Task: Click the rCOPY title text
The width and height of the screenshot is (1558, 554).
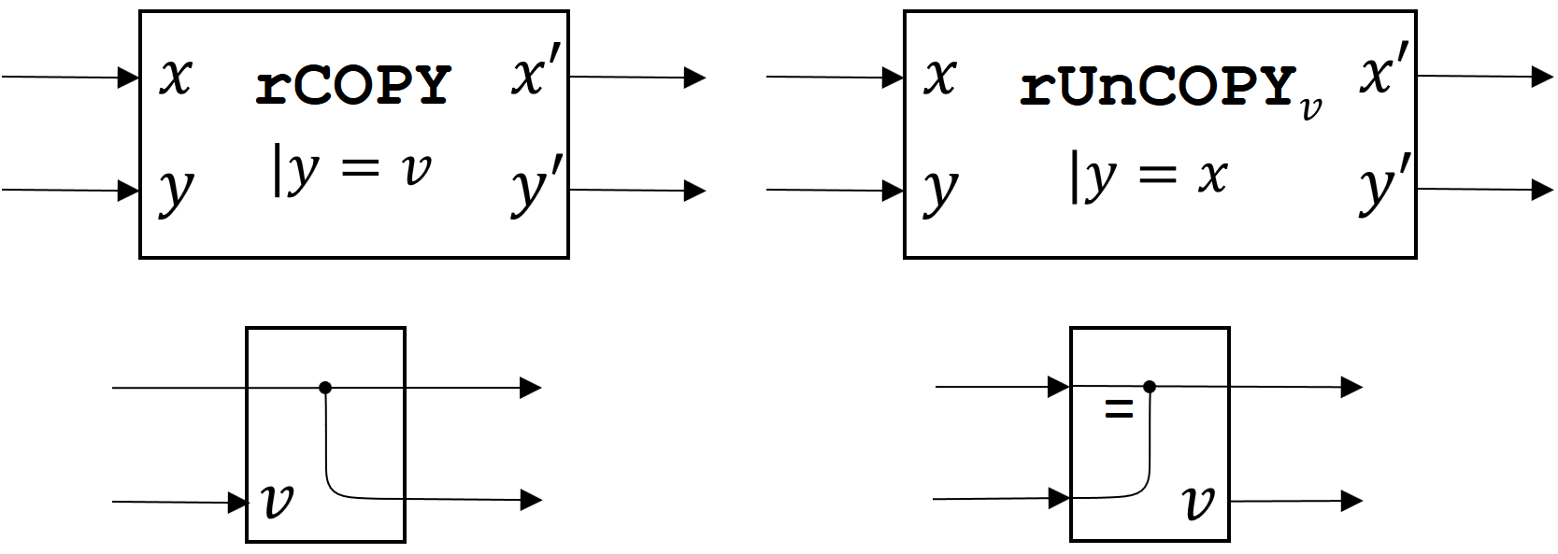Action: [353, 86]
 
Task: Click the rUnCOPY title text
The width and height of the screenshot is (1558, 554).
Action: [1158, 86]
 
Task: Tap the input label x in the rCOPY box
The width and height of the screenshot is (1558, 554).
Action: [175, 76]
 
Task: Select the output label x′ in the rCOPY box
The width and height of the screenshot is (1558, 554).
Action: [537, 75]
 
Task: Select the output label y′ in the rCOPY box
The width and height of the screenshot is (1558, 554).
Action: [537, 190]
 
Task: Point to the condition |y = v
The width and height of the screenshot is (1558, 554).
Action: [352, 173]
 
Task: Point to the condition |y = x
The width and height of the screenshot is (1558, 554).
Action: [1148, 176]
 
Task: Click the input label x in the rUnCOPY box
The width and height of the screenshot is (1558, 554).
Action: [940, 76]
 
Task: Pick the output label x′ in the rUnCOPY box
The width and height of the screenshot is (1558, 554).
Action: [1386, 75]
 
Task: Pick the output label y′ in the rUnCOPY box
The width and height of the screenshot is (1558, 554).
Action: [1386, 190]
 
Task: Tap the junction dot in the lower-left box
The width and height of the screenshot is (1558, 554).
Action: [324, 387]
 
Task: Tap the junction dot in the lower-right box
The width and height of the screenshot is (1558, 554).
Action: [1149, 386]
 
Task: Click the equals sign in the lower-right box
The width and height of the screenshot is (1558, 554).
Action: [1119, 408]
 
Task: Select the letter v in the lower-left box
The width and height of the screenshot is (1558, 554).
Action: [278, 501]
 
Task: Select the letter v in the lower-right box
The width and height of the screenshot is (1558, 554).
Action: [1198, 503]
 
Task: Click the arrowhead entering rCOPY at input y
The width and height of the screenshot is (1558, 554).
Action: [129, 191]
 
